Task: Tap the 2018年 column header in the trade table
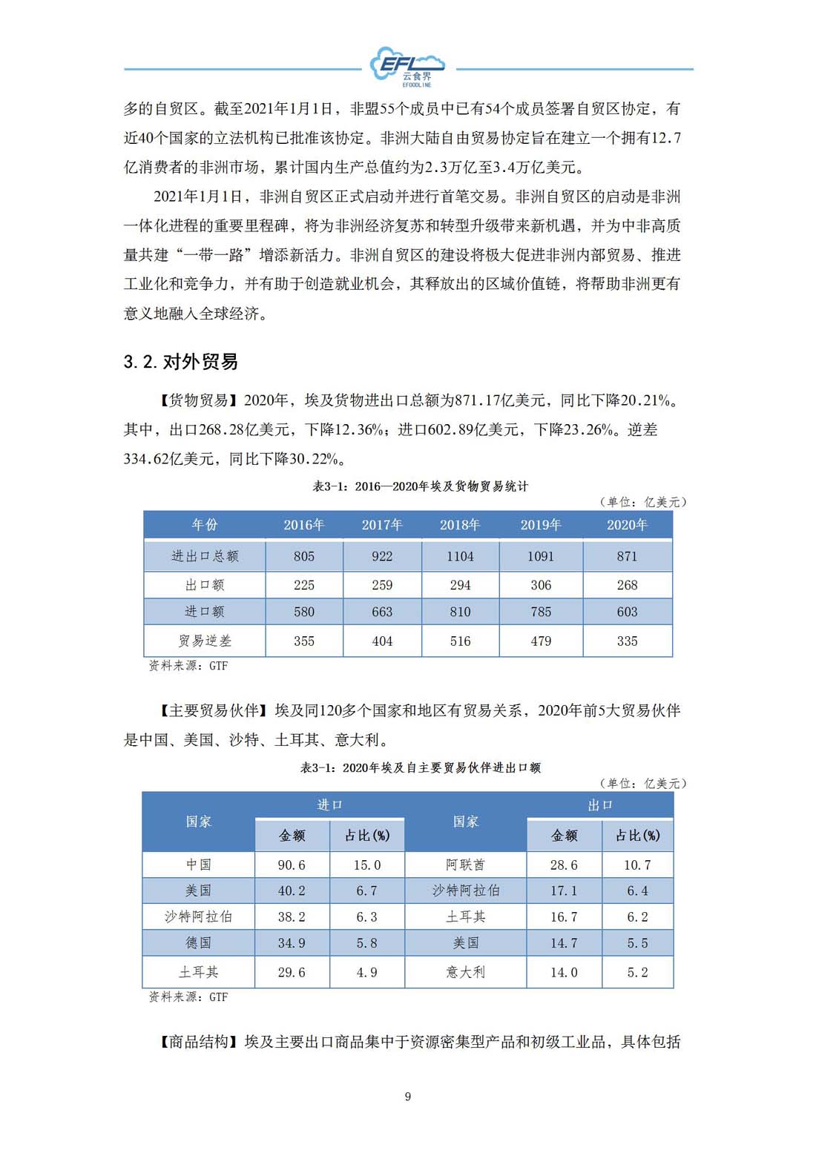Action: [460, 525]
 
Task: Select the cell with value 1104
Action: [460, 556]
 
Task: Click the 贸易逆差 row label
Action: [205, 641]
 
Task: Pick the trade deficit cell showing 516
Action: [460, 641]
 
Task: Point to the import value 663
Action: [382, 612]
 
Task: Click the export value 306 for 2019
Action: [541, 585]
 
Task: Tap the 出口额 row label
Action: [205, 585]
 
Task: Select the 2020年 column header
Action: [627, 525]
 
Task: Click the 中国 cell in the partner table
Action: [199, 865]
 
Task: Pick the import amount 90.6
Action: [292, 865]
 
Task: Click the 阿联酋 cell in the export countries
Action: [466, 865]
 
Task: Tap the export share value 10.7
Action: [637, 865]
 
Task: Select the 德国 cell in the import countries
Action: [199, 943]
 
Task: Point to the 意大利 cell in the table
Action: [466, 972]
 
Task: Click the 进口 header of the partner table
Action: [329, 805]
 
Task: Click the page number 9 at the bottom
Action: [408, 1097]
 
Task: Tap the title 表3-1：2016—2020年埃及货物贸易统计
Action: [421, 486]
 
